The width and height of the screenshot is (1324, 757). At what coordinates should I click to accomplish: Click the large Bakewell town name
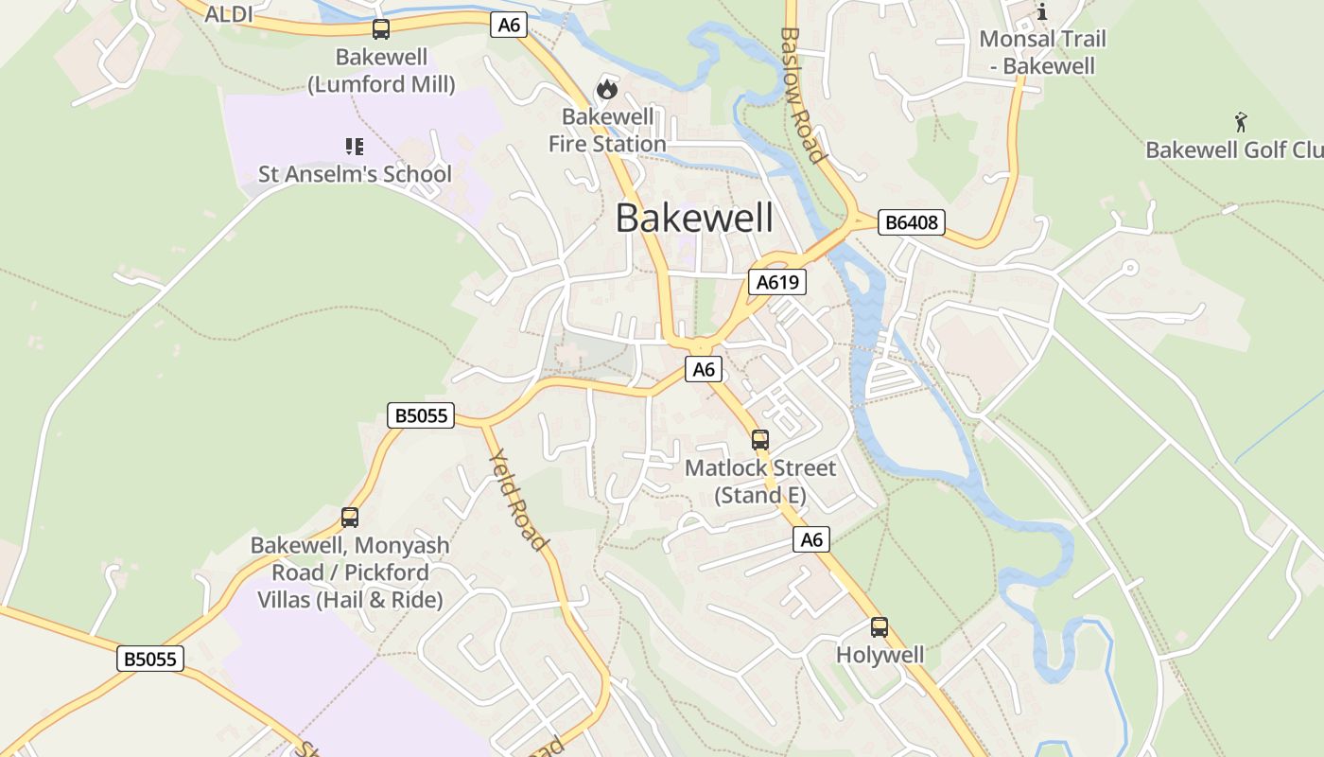pyautogui.click(x=694, y=218)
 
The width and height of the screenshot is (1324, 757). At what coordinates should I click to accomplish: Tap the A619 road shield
pyautogui.click(x=776, y=281)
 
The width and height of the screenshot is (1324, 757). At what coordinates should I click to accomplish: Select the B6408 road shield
pyautogui.click(x=911, y=222)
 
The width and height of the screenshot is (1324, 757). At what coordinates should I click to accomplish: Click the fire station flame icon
pyautogui.click(x=606, y=90)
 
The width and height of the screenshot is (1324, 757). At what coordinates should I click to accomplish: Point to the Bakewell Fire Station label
pyautogui.click(x=607, y=131)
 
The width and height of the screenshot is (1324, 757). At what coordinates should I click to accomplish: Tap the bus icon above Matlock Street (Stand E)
pyautogui.click(x=760, y=439)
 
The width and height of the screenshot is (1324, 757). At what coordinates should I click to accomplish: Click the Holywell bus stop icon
pyautogui.click(x=880, y=626)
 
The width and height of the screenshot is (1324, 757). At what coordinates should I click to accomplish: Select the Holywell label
pyautogui.click(x=880, y=655)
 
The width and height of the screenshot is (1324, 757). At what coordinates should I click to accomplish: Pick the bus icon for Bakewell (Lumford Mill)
pyautogui.click(x=381, y=29)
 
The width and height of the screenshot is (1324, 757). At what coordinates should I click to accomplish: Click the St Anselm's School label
pyautogui.click(x=355, y=174)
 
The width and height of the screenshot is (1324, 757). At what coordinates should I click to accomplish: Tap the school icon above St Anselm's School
pyautogui.click(x=355, y=146)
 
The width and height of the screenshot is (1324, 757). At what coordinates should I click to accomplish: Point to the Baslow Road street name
pyautogui.click(x=803, y=95)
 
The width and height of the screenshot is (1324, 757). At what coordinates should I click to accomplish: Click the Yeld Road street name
pyautogui.click(x=518, y=500)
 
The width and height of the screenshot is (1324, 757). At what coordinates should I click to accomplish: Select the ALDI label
pyautogui.click(x=229, y=14)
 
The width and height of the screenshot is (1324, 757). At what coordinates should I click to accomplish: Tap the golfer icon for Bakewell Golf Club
pyautogui.click(x=1241, y=122)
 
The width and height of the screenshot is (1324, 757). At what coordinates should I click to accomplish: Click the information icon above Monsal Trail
pyautogui.click(x=1042, y=11)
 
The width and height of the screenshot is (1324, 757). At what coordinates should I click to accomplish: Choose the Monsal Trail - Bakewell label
pyautogui.click(x=1042, y=52)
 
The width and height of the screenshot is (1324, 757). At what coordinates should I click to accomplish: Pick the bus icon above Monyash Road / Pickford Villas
pyautogui.click(x=350, y=517)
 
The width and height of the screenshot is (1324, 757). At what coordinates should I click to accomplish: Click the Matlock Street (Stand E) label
pyautogui.click(x=760, y=482)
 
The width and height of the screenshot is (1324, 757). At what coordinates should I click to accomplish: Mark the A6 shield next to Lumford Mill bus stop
pyautogui.click(x=509, y=25)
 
